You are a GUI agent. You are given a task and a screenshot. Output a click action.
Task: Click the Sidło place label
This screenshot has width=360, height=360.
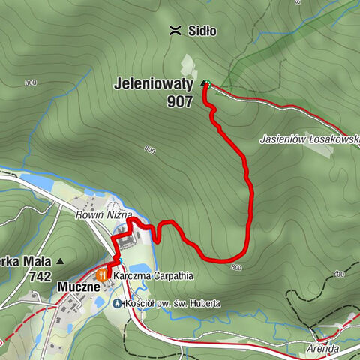(202, 31)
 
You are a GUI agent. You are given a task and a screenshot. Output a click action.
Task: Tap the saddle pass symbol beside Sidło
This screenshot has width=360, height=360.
(175, 31)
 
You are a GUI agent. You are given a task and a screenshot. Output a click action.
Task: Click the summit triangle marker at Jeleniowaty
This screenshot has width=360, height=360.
(205, 84)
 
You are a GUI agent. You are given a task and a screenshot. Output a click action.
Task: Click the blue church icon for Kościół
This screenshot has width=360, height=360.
(117, 303)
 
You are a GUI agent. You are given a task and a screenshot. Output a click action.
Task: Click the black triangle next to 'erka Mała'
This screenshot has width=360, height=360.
(60, 262)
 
